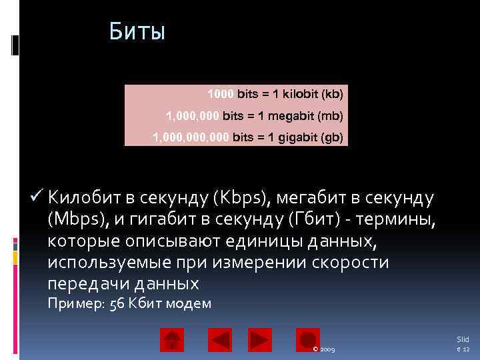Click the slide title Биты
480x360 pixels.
(x=137, y=31)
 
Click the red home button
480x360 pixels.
(x=172, y=340)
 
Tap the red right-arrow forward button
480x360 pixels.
(x=260, y=340)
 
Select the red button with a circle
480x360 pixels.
(x=308, y=340)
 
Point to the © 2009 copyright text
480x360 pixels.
(x=323, y=349)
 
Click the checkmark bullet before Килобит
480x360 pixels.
(x=37, y=197)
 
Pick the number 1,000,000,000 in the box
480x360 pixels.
(x=191, y=138)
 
